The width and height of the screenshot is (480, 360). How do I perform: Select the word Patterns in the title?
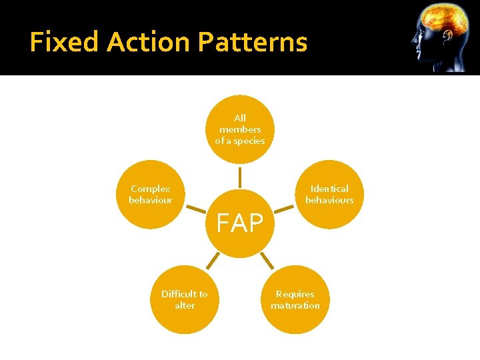(x=253, y=42)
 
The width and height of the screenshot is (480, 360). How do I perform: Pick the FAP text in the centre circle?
(x=239, y=224)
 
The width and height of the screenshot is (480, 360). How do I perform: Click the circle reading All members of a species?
(x=240, y=129)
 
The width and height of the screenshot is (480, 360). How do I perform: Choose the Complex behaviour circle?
(x=151, y=194)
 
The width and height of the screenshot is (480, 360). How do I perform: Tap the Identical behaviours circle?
(x=329, y=194)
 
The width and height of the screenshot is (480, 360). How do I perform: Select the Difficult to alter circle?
(x=185, y=299)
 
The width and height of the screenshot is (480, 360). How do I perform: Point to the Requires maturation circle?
(x=295, y=299)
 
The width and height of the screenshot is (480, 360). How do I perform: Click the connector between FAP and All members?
(x=240, y=177)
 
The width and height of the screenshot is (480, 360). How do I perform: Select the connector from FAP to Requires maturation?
(x=266, y=261)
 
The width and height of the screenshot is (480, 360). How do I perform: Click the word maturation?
(x=295, y=305)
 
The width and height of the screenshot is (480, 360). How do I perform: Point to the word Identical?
(x=329, y=189)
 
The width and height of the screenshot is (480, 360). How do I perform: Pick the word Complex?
(x=151, y=189)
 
